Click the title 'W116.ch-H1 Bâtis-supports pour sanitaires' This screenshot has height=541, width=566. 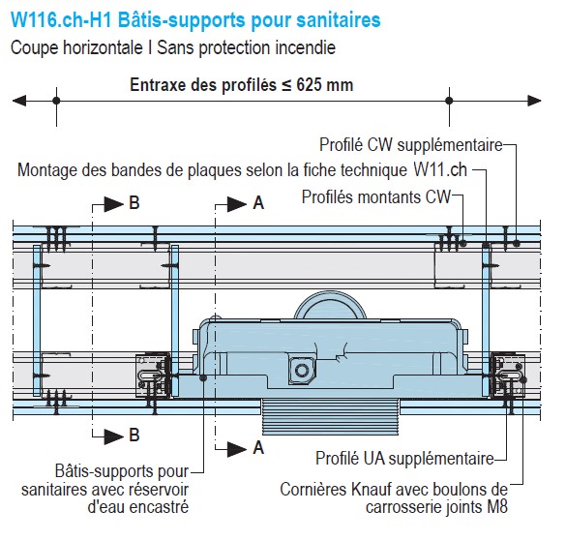pyautogui.click(x=195, y=20)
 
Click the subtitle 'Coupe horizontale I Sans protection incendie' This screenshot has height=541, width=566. pyautogui.click(x=173, y=47)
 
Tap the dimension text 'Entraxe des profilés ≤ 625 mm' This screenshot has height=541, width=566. pyautogui.click(x=242, y=85)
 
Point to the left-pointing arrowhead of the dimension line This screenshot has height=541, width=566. pyautogui.click(x=19, y=101)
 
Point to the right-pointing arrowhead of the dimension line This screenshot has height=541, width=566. pyautogui.click(x=534, y=101)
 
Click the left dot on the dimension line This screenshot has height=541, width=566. pyautogui.click(x=56, y=101)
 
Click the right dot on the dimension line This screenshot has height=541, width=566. pyautogui.click(x=449, y=101)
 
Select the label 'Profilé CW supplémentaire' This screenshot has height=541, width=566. pyautogui.click(x=411, y=145)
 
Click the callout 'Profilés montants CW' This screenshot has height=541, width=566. pyautogui.click(x=376, y=197)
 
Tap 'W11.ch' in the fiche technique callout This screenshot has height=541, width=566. pyautogui.click(x=440, y=169)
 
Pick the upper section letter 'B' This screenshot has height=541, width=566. pyautogui.click(x=134, y=203)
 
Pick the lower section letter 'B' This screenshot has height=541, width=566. pyautogui.click(x=134, y=436)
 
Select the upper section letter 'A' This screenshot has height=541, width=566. pyautogui.click(x=258, y=203)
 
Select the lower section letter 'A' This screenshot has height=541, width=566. pyautogui.click(x=258, y=448)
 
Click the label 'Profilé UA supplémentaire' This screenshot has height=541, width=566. pyautogui.click(x=404, y=459)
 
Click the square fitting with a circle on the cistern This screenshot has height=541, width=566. pyautogui.click(x=302, y=370)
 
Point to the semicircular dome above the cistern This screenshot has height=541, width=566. pyautogui.click(x=330, y=305)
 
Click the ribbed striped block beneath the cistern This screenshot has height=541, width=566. pyautogui.click(x=330, y=417)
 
